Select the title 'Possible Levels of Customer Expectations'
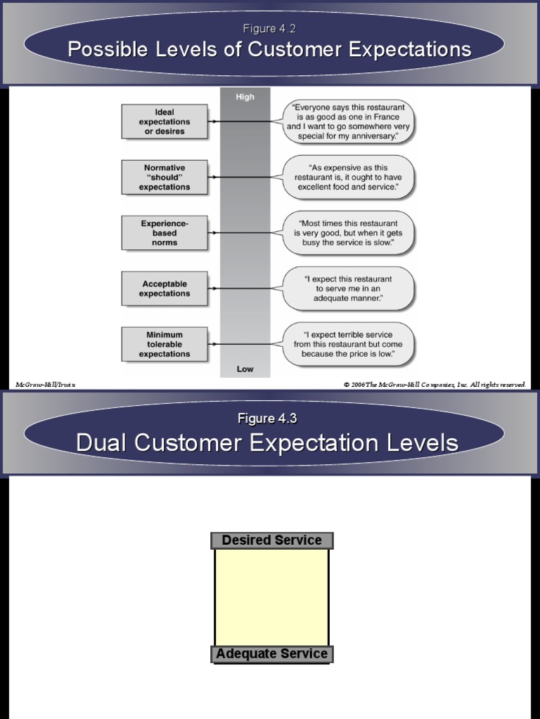click(269, 49)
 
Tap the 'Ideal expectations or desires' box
click(165, 121)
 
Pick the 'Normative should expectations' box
click(165, 178)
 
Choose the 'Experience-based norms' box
click(165, 233)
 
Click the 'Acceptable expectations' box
click(165, 289)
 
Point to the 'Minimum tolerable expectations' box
click(165, 344)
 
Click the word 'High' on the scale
click(245, 97)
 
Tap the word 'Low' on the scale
click(245, 369)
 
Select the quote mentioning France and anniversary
click(349, 121)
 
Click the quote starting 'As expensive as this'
click(349, 178)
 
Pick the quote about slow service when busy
click(349, 233)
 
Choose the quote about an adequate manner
click(349, 289)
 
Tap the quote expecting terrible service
click(349, 344)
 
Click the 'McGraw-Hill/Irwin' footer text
click(45, 384)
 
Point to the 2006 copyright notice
click(435, 384)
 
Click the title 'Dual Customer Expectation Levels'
click(267, 442)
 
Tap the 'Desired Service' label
click(271, 540)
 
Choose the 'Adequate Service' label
click(271, 654)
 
